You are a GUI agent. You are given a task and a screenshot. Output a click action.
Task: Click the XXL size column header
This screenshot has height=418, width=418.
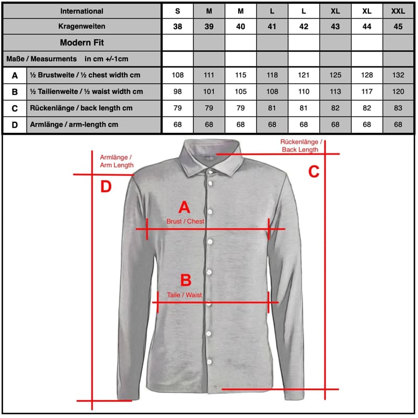click(x=398, y=11)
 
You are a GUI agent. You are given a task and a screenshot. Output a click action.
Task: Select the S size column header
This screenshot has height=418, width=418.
click(x=178, y=11)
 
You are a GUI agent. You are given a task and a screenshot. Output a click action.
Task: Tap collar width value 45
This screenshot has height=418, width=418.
click(x=398, y=27)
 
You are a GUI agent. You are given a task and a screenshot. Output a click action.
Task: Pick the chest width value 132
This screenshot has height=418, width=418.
click(x=398, y=75)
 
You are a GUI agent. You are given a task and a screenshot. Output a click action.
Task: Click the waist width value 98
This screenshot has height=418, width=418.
click(x=178, y=92)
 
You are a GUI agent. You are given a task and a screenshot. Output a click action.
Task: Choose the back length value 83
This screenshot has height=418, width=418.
click(x=398, y=108)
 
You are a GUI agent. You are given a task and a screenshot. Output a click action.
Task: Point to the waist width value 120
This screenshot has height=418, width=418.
click(x=398, y=92)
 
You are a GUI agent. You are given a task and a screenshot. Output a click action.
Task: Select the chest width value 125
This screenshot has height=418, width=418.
click(x=335, y=75)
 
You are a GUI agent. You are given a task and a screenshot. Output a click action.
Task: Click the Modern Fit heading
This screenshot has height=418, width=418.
click(x=82, y=42)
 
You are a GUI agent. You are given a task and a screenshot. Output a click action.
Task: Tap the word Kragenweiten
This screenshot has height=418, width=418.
click(x=82, y=27)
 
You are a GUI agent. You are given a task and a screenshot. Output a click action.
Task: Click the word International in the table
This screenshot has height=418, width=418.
click(x=82, y=11)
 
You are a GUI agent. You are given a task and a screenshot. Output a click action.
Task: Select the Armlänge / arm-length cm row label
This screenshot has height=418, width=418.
click(x=74, y=125)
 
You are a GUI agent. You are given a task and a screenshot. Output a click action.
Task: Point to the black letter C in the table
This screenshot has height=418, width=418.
click(x=15, y=109)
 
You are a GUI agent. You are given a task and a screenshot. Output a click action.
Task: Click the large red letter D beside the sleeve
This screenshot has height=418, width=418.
click(x=106, y=187)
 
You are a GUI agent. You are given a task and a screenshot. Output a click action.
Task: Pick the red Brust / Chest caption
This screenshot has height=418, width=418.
click(x=185, y=222)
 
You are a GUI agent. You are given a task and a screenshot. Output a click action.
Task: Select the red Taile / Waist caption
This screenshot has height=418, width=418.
click(x=184, y=295)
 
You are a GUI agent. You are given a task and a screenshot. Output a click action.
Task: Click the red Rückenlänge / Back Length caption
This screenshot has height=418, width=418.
click(x=301, y=146)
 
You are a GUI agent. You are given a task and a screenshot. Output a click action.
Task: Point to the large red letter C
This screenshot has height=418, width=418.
click(x=313, y=171)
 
